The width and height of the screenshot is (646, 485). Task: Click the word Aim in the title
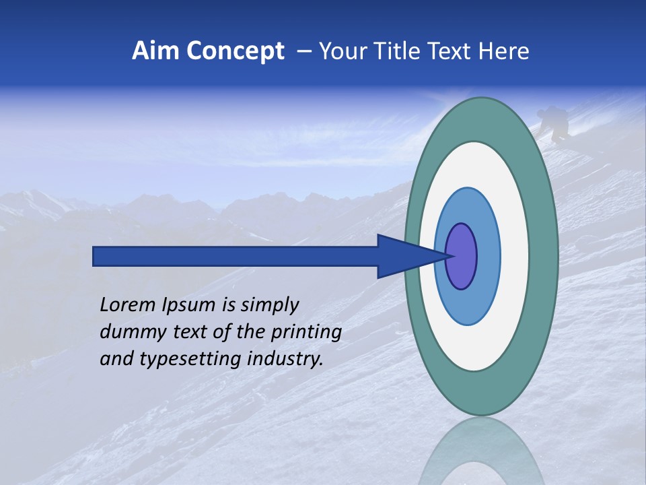click(155, 51)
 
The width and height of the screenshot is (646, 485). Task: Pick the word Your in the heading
click(343, 51)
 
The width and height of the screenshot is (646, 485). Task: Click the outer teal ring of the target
click(545, 256)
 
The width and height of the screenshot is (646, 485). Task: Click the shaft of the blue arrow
click(236, 256)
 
